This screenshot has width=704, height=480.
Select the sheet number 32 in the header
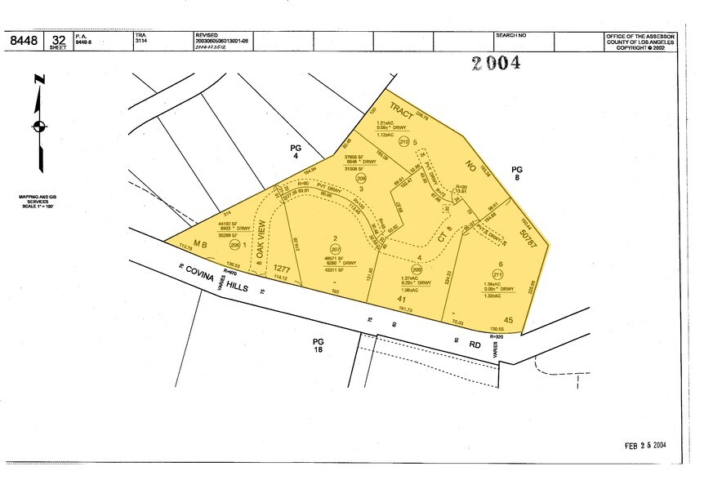[58, 38]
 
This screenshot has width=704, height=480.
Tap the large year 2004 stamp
[496, 64]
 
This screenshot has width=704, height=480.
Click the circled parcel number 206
[235, 244]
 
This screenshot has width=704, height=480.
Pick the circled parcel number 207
[335, 248]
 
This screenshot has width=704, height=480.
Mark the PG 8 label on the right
[516, 174]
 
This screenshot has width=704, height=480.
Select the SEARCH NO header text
[511, 36]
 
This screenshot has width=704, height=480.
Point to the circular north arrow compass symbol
[38, 127]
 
